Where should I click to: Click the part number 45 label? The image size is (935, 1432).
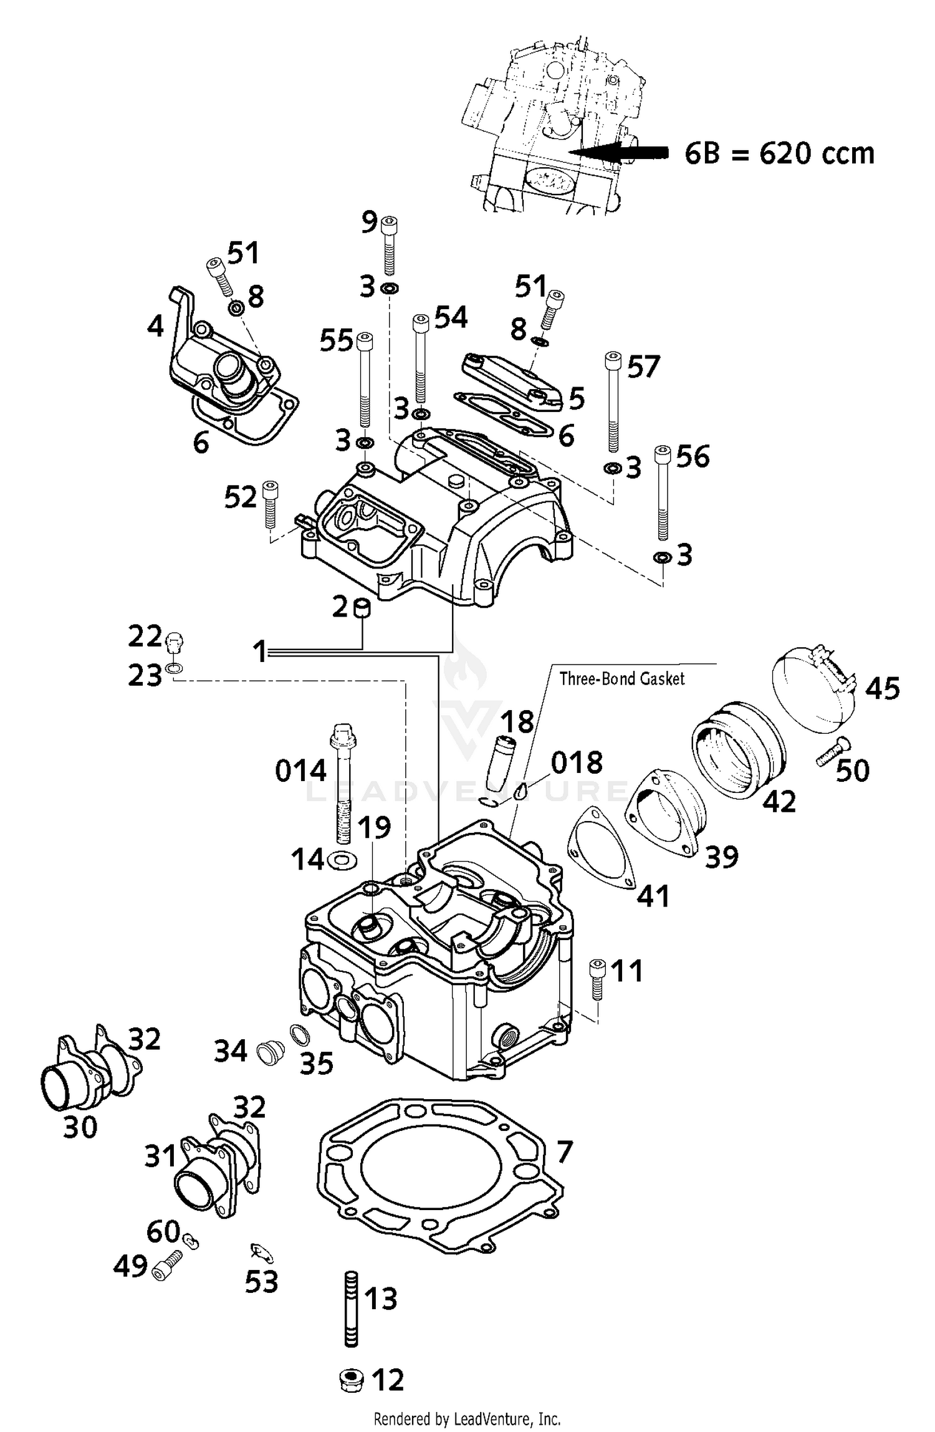click(882, 688)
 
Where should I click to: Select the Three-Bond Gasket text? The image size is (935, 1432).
click(621, 679)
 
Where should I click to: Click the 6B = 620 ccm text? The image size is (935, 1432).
click(779, 153)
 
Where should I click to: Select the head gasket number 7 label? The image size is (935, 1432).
click(563, 1152)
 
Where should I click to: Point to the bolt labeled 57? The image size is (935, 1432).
click(613, 402)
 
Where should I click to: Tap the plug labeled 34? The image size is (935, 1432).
click(271, 1053)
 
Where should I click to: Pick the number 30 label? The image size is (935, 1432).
click(80, 1127)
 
